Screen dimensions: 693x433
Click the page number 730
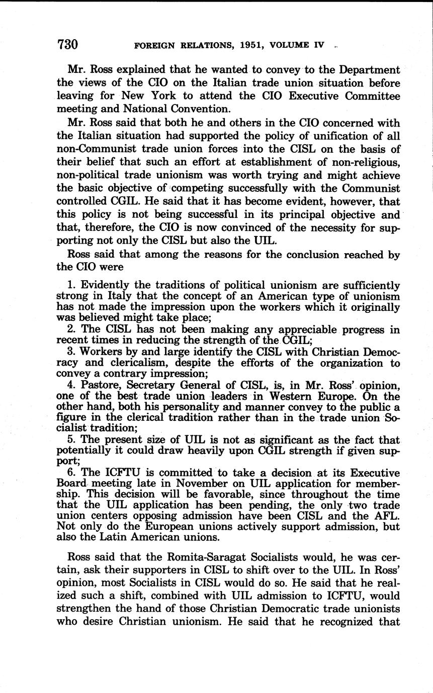tap(68, 45)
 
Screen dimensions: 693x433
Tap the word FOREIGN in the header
tap(157, 45)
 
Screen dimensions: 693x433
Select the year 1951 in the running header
tap(244, 45)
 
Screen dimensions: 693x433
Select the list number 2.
tap(83, 329)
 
